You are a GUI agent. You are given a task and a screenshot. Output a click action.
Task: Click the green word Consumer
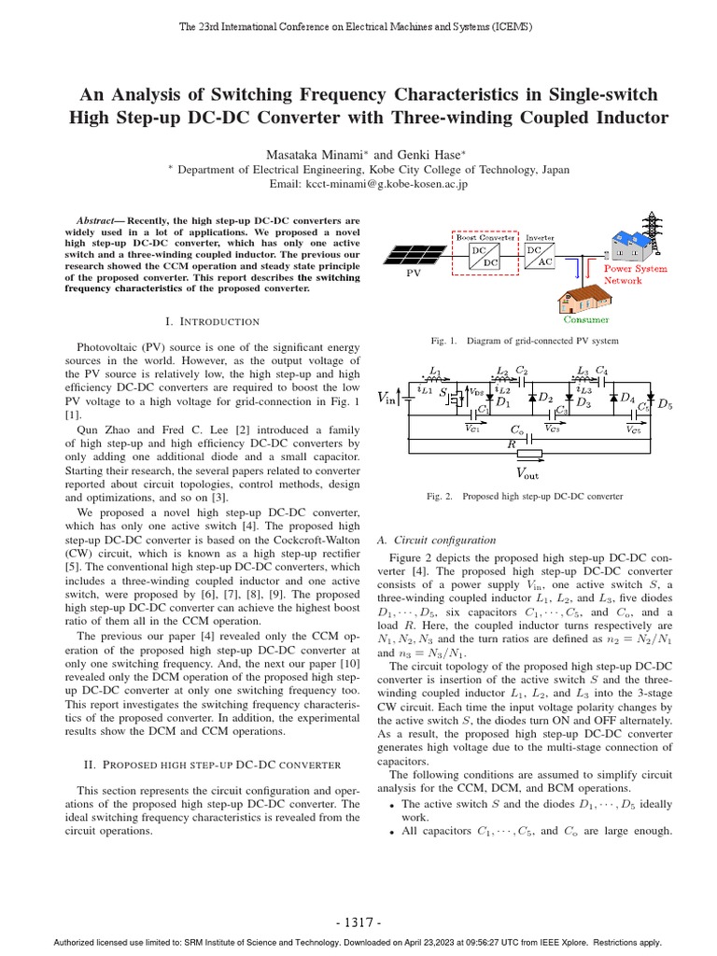click(x=587, y=319)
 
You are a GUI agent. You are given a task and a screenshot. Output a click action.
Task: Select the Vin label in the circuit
click(x=387, y=399)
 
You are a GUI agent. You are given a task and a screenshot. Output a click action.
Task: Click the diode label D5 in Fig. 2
click(x=665, y=404)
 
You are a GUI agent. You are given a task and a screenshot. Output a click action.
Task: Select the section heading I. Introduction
click(x=212, y=321)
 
